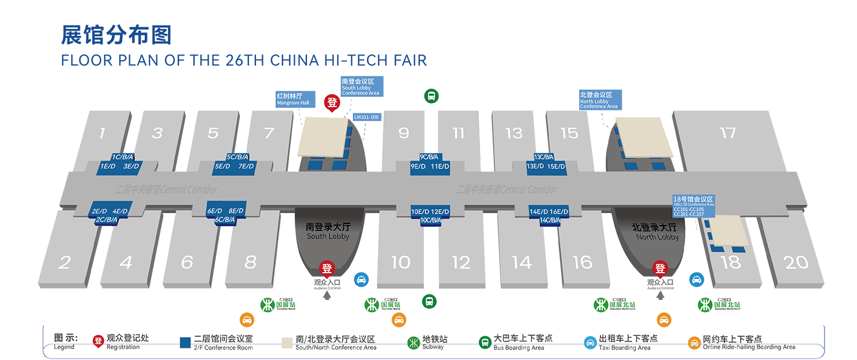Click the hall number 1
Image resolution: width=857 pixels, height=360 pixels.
(102, 134)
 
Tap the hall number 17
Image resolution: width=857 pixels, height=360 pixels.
(727, 133)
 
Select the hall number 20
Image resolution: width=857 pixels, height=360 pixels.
(796, 262)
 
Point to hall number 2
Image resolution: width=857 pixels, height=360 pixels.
(64, 263)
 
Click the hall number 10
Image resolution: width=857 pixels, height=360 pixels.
(401, 263)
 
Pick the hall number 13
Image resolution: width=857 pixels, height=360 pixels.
(514, 134)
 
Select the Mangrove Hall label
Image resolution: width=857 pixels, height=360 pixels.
(293, 99)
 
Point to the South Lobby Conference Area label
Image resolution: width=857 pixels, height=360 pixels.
(360, 87)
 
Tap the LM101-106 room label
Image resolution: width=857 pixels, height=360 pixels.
(366, 116)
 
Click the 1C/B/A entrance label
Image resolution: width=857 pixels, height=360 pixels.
(123, 157)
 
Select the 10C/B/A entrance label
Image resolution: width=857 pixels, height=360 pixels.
(430, 220)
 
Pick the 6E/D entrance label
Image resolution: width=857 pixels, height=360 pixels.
(215, 211)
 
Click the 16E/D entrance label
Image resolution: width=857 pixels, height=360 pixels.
(558, 211)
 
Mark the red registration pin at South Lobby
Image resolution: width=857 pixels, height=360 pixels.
(327, 269)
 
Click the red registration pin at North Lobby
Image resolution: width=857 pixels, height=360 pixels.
(660, 269)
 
